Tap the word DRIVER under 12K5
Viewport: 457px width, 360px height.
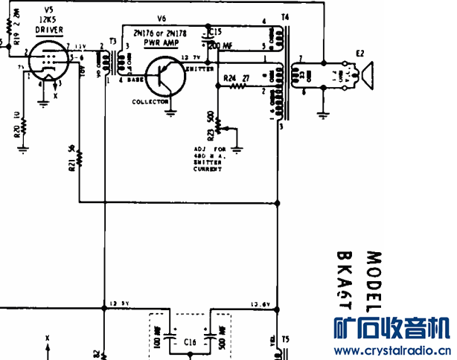click(x=50, y=30)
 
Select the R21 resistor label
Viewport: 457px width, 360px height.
click(x=71, y=161)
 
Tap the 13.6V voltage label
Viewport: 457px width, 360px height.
click(x=260, y=303)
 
